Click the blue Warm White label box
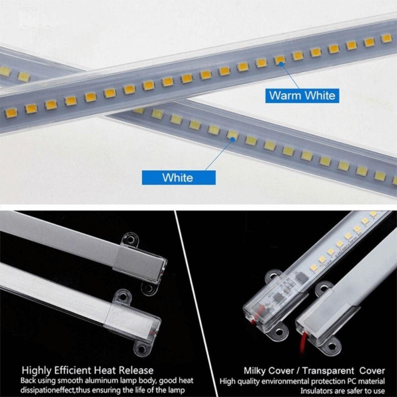tap(302, 95)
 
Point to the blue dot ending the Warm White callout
tap(280, 62)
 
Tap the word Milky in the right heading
tap(255, 371)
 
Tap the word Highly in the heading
tap(37, 371)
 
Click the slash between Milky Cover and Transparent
tap(297, 371)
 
